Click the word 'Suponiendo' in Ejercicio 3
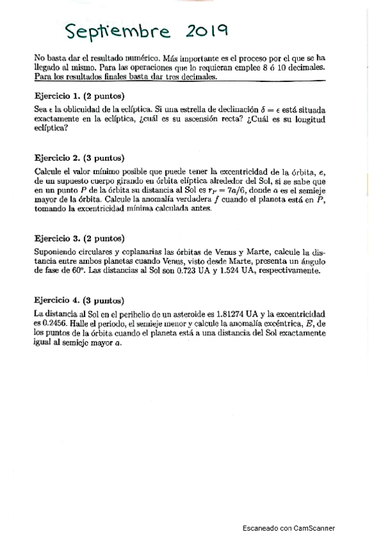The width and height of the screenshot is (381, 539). click(59, 252)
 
